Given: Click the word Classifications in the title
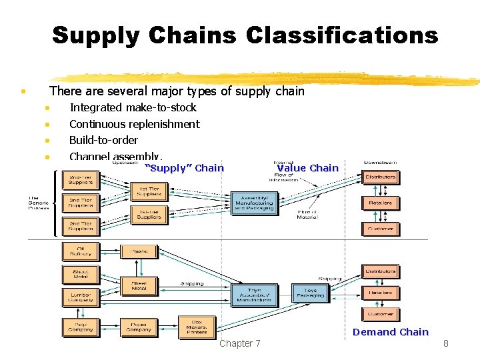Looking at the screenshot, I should click(342, 35).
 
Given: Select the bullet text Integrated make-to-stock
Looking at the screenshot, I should click(133, 107).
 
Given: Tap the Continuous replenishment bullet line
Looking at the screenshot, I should click(134, 124).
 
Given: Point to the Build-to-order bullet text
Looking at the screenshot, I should click(103, 140).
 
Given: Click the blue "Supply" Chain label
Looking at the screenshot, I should click(185, 168).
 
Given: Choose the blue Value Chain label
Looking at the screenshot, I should click(307, 168).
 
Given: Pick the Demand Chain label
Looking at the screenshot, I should click(390, 332).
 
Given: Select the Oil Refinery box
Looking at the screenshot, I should click(80, 251).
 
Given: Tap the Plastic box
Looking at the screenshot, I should click(139, 251).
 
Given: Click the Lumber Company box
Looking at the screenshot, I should click(80, 297).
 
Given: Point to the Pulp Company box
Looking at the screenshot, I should click(80, 327).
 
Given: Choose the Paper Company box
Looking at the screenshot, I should click(139, 327).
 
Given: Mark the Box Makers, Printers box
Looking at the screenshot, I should click(197, 327).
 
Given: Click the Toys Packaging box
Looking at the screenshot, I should click(311, 293).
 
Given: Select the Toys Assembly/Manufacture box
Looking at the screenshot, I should click(254, 295).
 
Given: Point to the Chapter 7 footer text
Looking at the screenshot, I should click(240, 343).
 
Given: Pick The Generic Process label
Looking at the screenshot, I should click(39, 203).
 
